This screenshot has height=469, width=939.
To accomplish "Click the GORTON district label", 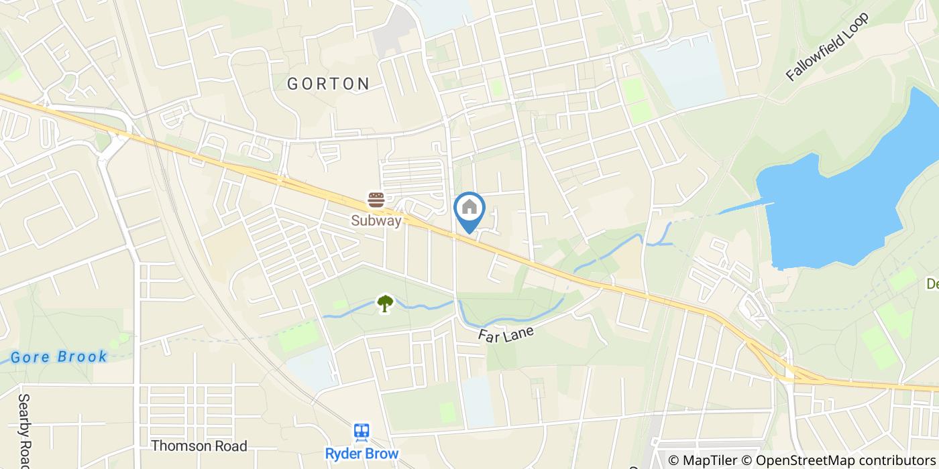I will (329, 84).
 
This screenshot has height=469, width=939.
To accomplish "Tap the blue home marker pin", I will (469, 209).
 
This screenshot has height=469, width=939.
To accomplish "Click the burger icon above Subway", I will (376, 200).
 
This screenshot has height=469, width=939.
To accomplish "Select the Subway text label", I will (376, 220).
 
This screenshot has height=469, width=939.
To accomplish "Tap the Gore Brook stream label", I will (59, 356).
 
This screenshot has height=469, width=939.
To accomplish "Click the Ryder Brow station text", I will (362, 454).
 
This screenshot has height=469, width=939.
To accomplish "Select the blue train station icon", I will (362, 432).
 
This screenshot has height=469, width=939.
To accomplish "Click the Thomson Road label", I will (199, 446).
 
